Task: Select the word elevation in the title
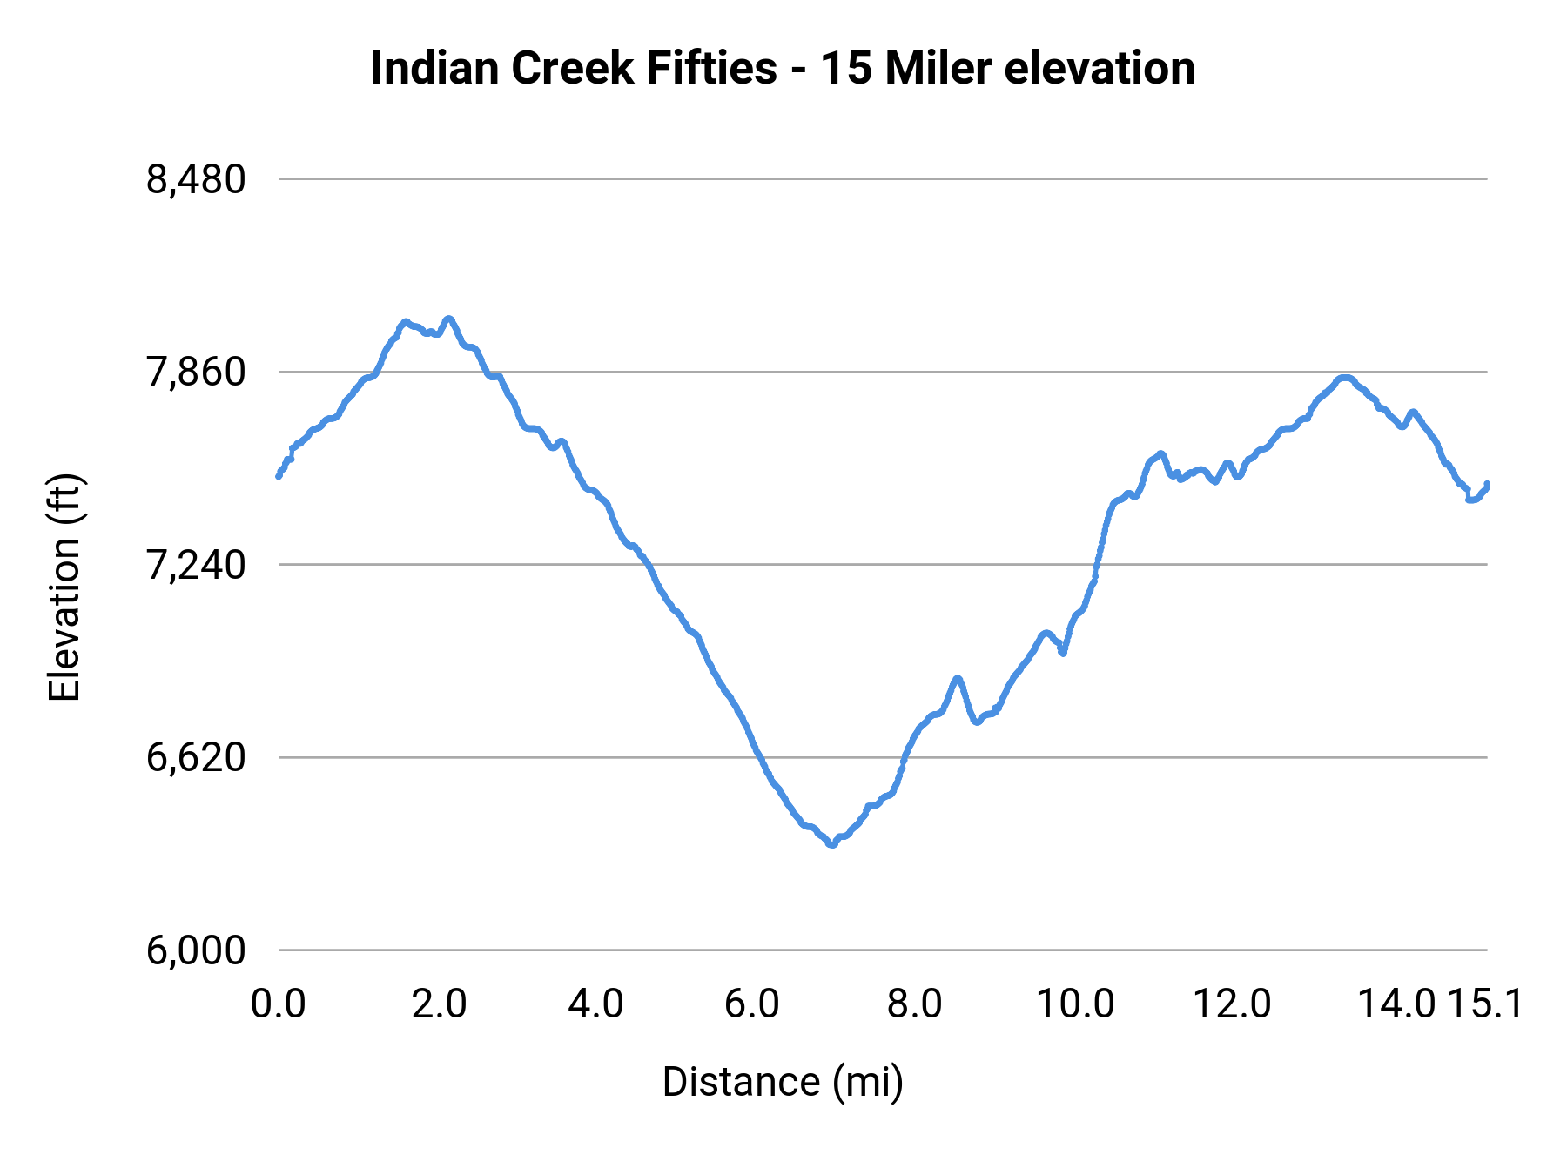(1099, 69)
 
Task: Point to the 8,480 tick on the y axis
(196, 180)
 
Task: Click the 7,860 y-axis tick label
(196, 373)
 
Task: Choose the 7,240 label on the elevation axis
(196, 566)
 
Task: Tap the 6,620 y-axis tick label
(196, 758)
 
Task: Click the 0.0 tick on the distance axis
(278, 1004)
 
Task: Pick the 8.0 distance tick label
(914, 1004)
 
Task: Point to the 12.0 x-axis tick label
(1231, 1004)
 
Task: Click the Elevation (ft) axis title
(64, 587)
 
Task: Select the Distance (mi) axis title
(783, 1082)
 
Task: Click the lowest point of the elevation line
(832, 844)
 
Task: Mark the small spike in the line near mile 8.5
(958, 678)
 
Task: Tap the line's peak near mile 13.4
(1346, 378)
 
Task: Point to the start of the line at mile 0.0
(279, 476)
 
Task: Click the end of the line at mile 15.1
(1487, 484)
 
